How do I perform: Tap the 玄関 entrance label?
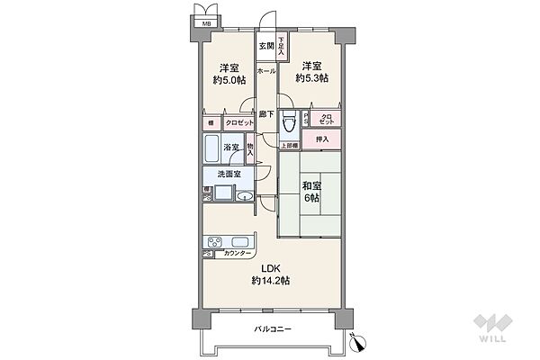coord(267,46)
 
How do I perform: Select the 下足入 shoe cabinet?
coord(283,46)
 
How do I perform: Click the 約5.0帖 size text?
coord(229,79)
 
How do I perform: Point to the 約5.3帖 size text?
coord(311,78)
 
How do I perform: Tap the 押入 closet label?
coord(322,139)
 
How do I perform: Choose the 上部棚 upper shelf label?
coord(289,146)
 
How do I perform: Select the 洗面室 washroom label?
coord(227,175)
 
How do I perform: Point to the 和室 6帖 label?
coord(310,193)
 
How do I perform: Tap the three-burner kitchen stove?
coord(216,241)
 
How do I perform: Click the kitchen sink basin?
coord(242,241)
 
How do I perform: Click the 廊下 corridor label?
coord(266,114)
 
